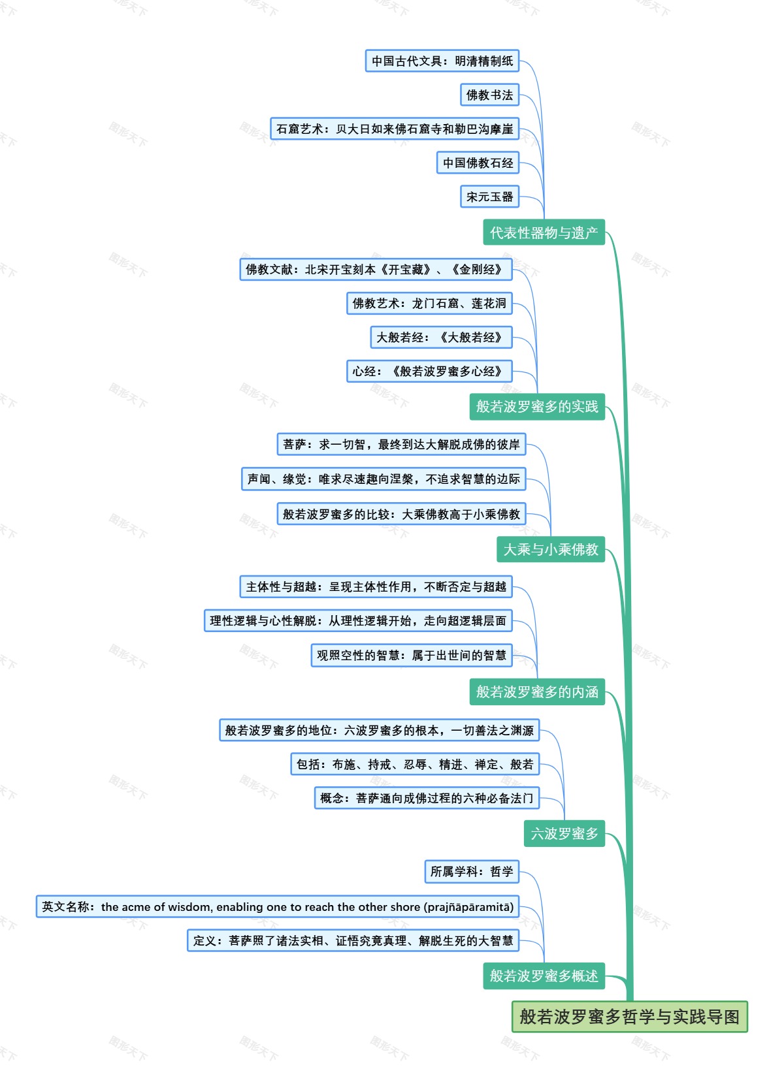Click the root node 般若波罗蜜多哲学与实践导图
[x=629, y=1017]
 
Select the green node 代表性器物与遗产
[x=544, y=232]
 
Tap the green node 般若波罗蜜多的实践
[x=537, y=406]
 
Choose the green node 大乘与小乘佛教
[x=551, y=549]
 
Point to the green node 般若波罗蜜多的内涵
[x=537, y=692]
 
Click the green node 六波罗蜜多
[x=564, y=833]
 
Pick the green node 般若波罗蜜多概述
[x=544, y=976]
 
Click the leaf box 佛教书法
[x=489, y=95]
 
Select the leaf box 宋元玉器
[x=489, y=197]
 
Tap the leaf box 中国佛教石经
[x=478, y=163]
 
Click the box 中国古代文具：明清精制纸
[x=442, y=61]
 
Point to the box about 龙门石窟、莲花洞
[x=429, y=303]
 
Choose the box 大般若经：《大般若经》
[x=441, y=337]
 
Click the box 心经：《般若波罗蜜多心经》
[x=429, y=371]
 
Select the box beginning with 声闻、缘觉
[x=384, y=479]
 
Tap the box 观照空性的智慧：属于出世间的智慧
[x=412, y=655]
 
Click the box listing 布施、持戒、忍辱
[x=415, y=764]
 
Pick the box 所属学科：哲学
[x=472, y=871]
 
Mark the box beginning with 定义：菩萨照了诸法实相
[x=353, y=940]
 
